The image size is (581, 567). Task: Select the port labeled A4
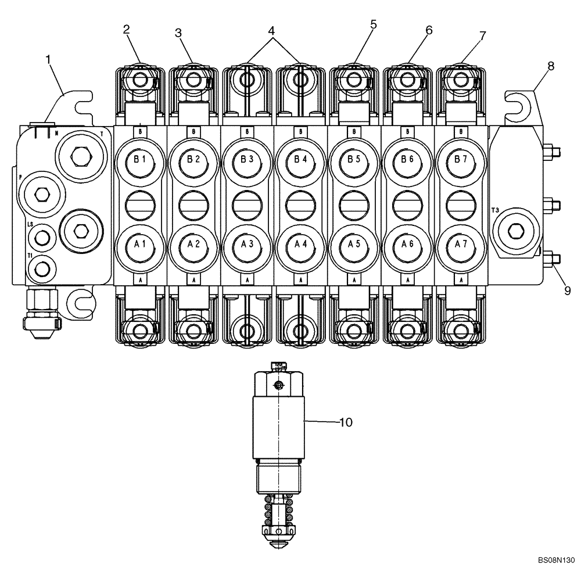pyautogui.click(x=300, y=245)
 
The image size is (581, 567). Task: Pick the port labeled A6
pyautogui.click(x=407, y=245)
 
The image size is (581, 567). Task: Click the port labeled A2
pyautogui.click(x=193, y=245)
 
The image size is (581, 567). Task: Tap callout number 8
pyautogui.click(x=550, y=66)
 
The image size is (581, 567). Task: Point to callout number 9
pyautogui.click(x=567, y=289)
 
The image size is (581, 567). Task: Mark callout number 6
pyautogui.click(x=429, y=31)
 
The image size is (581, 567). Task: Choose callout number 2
pyautogui.click(x=126, y=31)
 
